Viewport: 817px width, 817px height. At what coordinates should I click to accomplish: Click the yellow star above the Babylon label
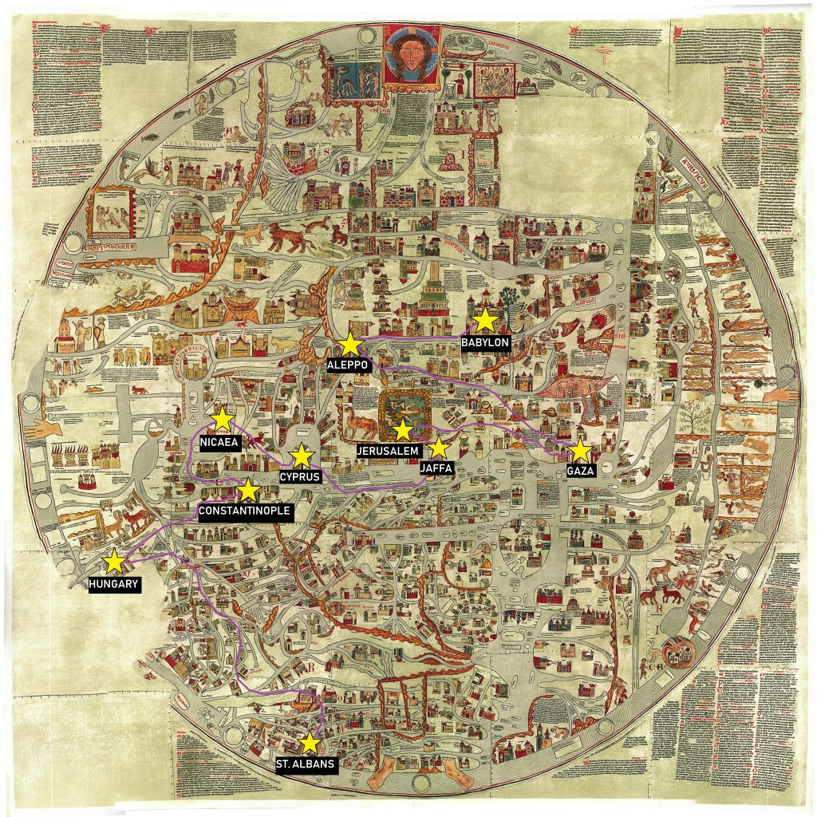click(484, 320)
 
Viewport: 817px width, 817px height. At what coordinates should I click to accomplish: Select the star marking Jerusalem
click(403, 430)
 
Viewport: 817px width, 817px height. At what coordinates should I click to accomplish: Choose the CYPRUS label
click(300, 477)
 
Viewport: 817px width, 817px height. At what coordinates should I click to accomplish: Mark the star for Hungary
click(114, 562)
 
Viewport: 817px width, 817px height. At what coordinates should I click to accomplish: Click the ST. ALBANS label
click(305, 764)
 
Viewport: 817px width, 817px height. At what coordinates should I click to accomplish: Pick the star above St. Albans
click(310, 744)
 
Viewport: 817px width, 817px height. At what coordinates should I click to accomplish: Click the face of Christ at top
click(412, 53)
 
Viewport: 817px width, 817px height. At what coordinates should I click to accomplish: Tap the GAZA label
click(580, 472)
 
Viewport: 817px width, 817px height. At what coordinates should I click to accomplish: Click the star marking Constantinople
click(249, 490)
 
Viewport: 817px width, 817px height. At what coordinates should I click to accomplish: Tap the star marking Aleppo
click(349, 344)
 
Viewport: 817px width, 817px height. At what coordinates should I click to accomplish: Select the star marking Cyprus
click(301, 456)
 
